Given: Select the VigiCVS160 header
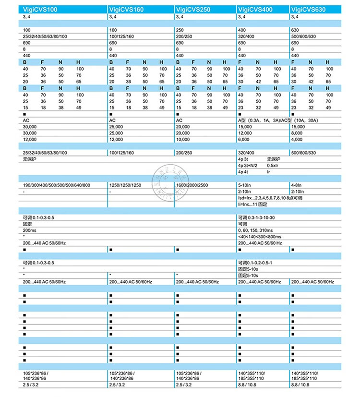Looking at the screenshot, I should click(127, 9).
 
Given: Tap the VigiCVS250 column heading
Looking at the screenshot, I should click(193, 9).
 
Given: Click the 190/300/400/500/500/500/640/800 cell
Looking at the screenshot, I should click(57, 185).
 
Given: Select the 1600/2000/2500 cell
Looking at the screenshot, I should click(192, 185).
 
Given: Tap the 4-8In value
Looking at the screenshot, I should click(297, 185).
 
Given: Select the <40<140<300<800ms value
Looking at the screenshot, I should click(260, 237).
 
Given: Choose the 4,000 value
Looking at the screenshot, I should click(298, 139).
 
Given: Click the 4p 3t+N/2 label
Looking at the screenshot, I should click(248, 165).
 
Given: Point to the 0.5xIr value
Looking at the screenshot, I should click(273, 165).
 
